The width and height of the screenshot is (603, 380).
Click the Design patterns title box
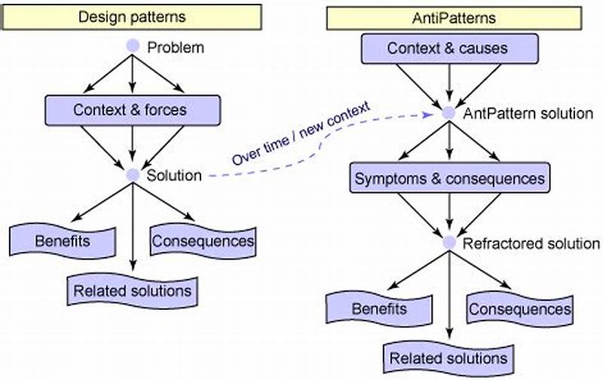[x=133, y=15]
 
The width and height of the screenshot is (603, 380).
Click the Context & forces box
[x=130, y=109]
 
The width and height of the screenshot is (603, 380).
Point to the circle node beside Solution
[x=133, y=175]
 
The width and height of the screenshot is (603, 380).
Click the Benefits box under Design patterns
[x=62, y=241]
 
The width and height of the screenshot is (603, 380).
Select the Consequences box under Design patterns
[x=203, y=241]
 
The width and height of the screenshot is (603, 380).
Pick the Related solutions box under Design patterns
[x=133, y=290]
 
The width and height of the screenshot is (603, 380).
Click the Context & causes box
[x=448, y=49]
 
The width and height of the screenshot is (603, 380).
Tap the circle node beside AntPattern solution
[x=449, y=113]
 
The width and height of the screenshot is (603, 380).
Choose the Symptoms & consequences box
[x=449, y=179]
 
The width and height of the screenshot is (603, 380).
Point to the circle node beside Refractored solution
[x=449, y=243]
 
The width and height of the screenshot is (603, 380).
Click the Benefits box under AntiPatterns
[x=379, y=309]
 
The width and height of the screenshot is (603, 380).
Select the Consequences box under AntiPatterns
[x=519, y=309]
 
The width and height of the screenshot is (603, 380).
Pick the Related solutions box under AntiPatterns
[x=449, y=357]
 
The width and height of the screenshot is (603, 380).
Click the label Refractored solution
[x=531, y=244]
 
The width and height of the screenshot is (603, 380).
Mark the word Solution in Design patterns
[x=174, y=176]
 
